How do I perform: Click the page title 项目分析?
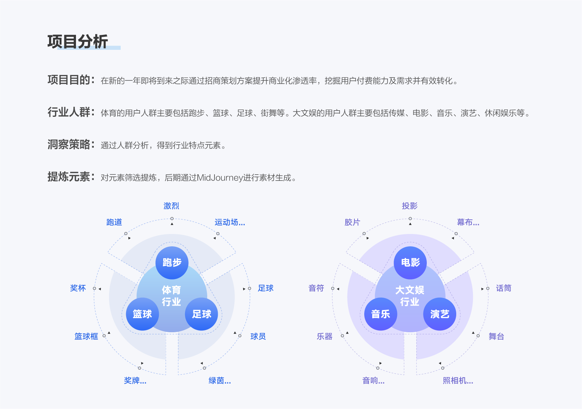[77, 41]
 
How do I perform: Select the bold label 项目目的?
[69, 80]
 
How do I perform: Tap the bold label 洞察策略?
[69, 144]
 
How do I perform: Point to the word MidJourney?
[220, 178]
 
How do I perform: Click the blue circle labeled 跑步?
[172, 263]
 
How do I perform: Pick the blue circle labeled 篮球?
[143, 314]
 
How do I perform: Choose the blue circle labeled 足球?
[201, 314]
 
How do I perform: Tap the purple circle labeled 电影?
[410, 263]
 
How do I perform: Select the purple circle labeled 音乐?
[381, 314]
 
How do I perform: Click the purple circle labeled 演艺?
[440, 314]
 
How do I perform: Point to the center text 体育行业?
[172, 296]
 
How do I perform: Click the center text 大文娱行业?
[410, 296]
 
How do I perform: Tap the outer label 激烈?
[171, 206]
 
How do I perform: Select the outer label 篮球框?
[86, 337]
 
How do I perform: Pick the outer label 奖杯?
[78, 288]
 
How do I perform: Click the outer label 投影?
[410, 206]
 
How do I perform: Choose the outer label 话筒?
[503, 288]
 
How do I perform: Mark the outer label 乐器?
[325, 337]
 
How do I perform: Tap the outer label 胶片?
[352, 222]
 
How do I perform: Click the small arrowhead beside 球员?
[235, 333]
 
